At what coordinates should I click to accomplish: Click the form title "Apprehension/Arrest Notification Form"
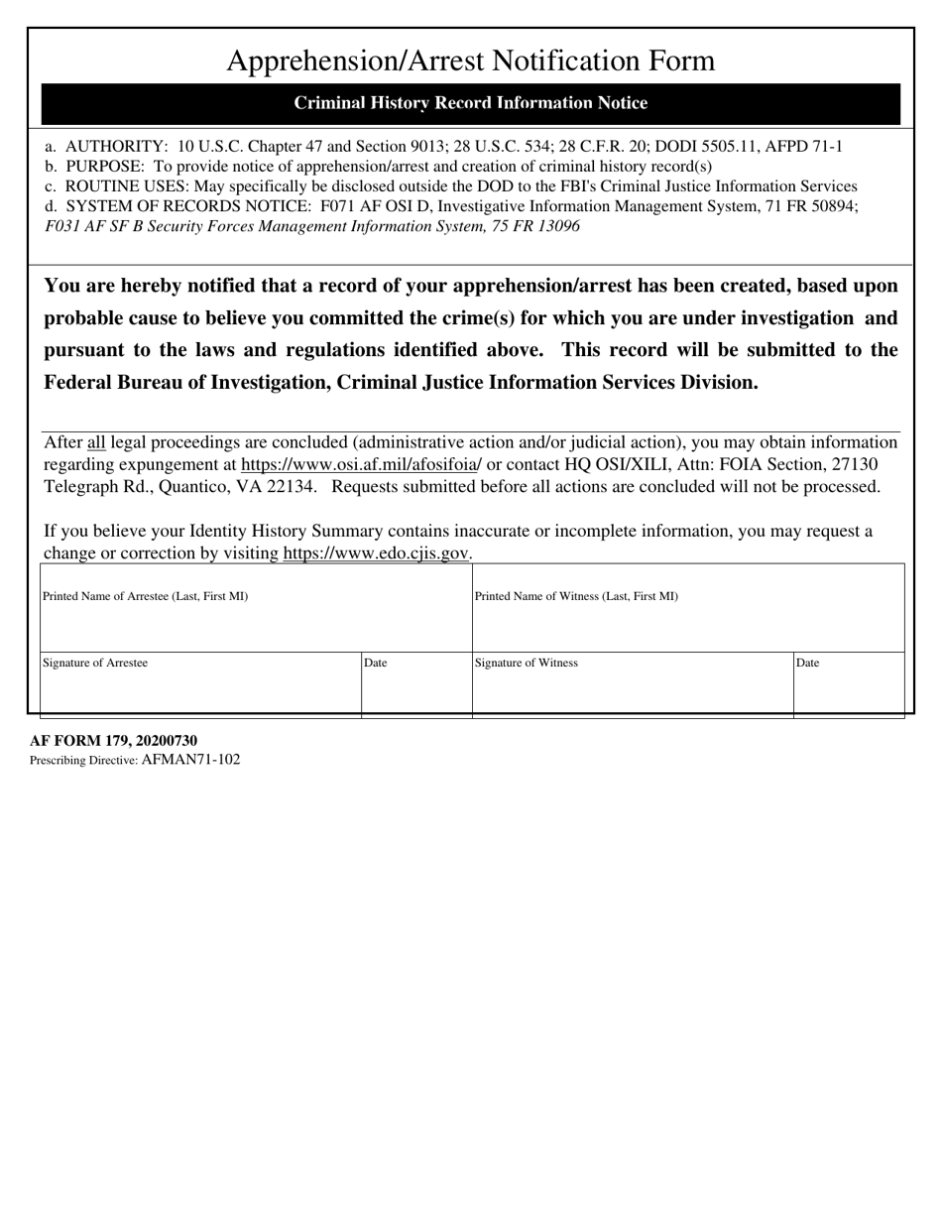470,61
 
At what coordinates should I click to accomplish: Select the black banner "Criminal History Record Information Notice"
470,103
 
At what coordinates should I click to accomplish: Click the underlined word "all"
96,442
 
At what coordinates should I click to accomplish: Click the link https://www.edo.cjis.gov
376,553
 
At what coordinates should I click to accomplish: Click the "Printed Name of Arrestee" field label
145,596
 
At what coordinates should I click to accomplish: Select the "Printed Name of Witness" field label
576,596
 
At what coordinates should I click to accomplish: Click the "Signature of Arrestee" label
95,663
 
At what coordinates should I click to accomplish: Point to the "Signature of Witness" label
527,663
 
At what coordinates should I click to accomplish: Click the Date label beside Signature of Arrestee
376,663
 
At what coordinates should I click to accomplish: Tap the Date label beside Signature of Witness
807,663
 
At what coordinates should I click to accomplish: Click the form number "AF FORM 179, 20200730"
113,741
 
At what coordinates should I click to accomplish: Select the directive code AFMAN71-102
190,760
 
